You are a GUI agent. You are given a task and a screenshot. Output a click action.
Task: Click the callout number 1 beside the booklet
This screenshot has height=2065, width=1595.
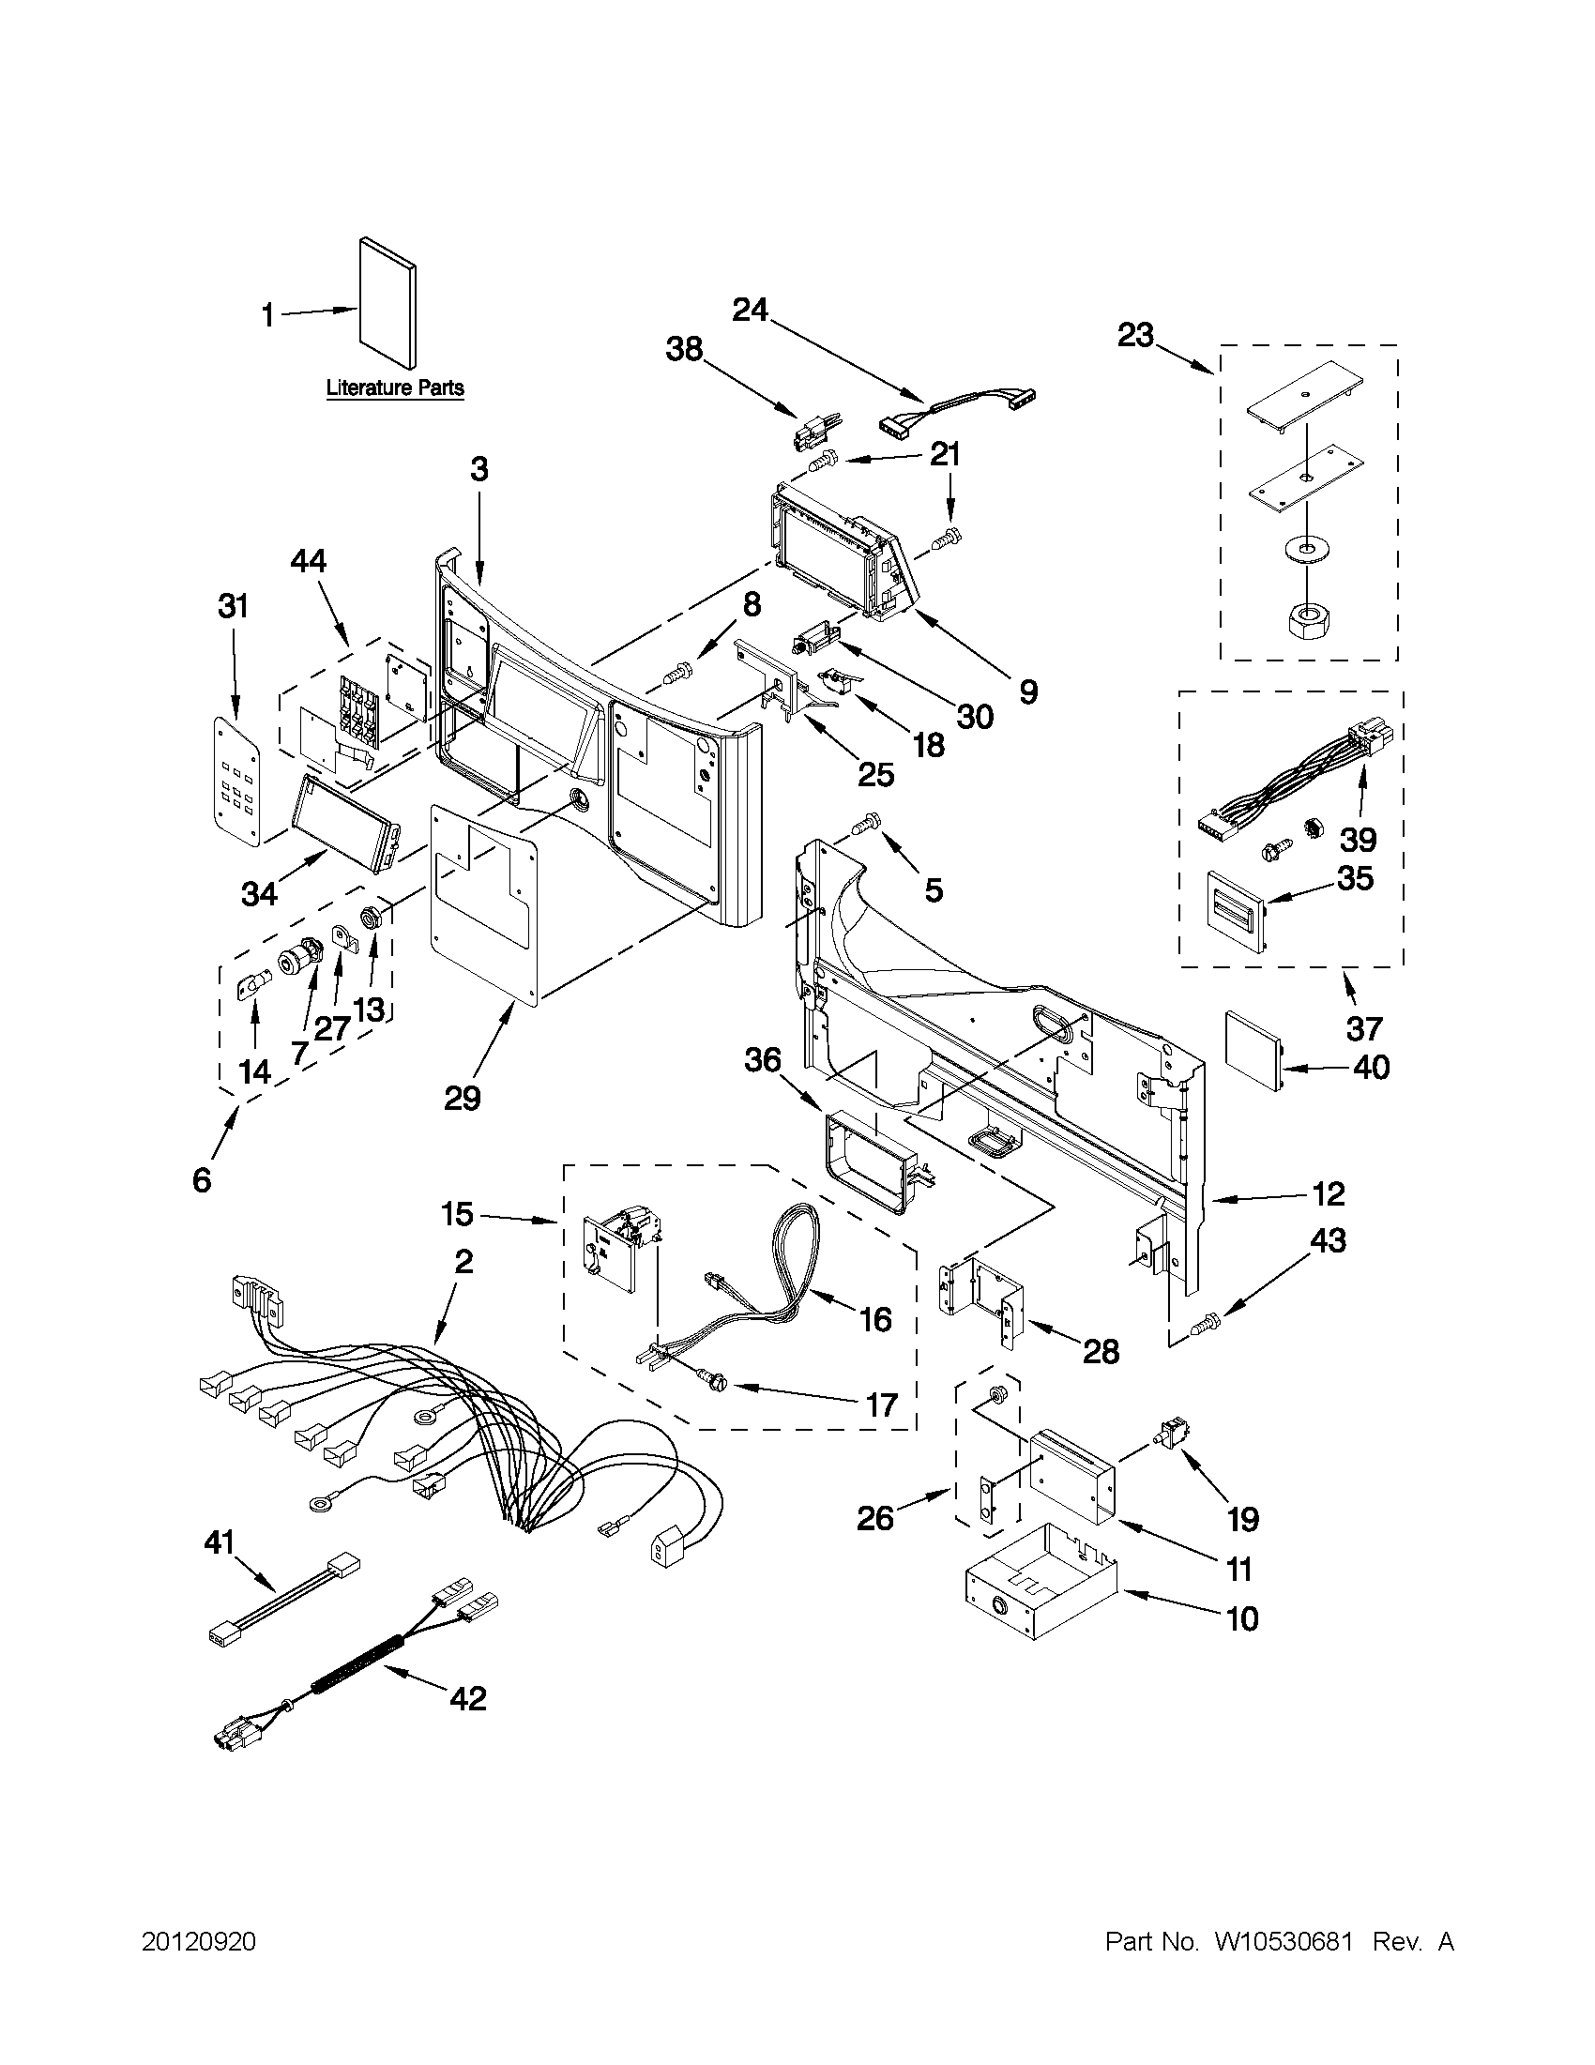click(x=267, y=315)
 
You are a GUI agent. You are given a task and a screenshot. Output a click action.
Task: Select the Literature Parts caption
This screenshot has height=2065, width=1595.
click(x=395, y=387)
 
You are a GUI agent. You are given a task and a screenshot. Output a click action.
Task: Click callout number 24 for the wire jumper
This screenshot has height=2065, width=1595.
click(x=751, y=311)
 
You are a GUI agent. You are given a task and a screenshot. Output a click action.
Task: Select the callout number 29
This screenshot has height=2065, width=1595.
click(x=463, y=1098)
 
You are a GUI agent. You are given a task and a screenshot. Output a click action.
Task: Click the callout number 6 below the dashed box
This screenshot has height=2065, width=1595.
click(x=202, y=1180)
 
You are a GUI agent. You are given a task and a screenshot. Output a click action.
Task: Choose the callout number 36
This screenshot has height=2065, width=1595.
click(x=762, y=1060)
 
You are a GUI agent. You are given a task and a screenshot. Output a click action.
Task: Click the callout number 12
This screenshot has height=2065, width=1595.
click(x=1329, y=1194)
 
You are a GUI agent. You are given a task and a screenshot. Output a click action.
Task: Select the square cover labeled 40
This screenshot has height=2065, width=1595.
click(x=1253, y=1050)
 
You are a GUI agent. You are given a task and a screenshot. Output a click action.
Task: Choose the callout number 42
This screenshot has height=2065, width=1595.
click(x=467, y=1698)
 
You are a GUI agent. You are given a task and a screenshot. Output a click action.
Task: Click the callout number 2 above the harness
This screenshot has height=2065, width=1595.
click(x=463, y=1261)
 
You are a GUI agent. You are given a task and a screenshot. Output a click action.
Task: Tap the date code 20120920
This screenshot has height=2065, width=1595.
click(x=199, y=1942)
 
